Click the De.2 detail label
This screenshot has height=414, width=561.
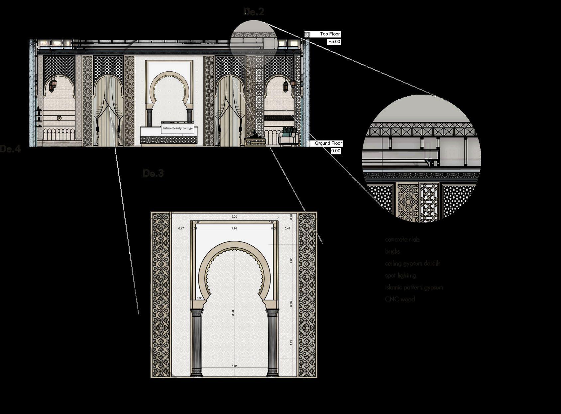254,12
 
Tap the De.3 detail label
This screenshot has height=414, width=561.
153,173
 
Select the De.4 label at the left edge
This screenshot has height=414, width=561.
10,149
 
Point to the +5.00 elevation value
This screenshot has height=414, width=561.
334,42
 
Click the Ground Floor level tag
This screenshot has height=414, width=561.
328,143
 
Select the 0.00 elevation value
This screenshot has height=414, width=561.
336,151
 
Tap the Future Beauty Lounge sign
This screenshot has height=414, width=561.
177,128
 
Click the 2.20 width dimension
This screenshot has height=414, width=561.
234,217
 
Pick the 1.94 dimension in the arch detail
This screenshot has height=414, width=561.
234,228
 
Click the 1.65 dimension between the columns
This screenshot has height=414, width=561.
234,366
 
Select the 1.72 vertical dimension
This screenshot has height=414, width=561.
291,342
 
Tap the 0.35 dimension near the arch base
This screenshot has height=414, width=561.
200,298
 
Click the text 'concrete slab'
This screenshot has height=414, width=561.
402,239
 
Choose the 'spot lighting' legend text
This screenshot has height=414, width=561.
400,276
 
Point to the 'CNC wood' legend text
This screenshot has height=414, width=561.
400,299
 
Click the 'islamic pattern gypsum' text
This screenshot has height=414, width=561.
414,288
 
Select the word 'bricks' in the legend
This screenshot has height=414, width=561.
393,251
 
